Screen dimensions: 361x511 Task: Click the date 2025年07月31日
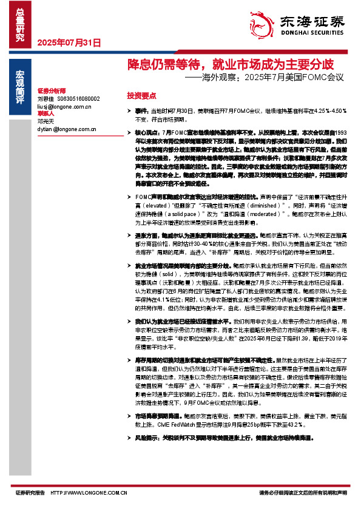pyautogui.click(x=69, y=42)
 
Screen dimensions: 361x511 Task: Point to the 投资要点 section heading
pyautogui.click(x=141, y=96)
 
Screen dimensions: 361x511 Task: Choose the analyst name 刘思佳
pyautogui.click(x=46, y=98)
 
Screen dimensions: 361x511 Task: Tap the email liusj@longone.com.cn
pyautogui.click(x=63, y=106)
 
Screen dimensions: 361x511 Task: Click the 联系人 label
pyautogui.click(x=46, y=113)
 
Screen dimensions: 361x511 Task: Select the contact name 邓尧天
pyautogui.click(x=46, y=121)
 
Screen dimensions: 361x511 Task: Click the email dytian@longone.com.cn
pyautogui.click(x=66, y=129)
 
